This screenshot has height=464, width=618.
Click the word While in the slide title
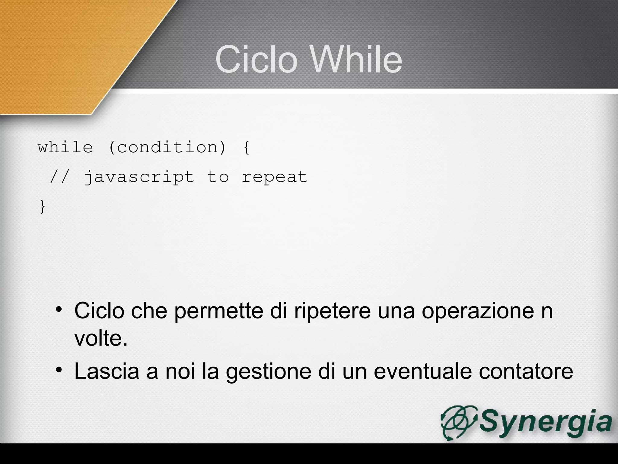click(356, 59)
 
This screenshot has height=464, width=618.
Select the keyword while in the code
click(65, 147)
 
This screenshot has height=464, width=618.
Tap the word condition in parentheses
click(167, 147)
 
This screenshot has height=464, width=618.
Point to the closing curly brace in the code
click(43, 207)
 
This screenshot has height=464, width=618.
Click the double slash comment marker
click(60, 177)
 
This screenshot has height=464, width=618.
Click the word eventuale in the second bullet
click(422, 371)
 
